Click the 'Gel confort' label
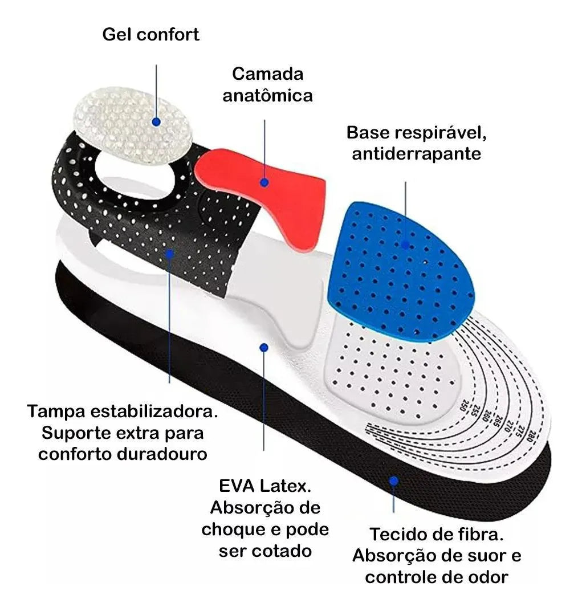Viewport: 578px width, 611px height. [x=151, y=34]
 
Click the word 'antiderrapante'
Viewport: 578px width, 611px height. [x=417, y=154]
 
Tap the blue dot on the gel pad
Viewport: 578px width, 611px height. [x=156, y=121]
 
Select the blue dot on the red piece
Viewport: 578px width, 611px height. [x=264, y=182]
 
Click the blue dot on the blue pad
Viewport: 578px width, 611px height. [x=405, y=245]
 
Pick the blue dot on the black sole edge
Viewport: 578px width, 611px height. [x=393, y=481]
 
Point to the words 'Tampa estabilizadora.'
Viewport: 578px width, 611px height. [x=123, y=411]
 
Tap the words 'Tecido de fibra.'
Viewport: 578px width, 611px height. [x=437, y=535]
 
